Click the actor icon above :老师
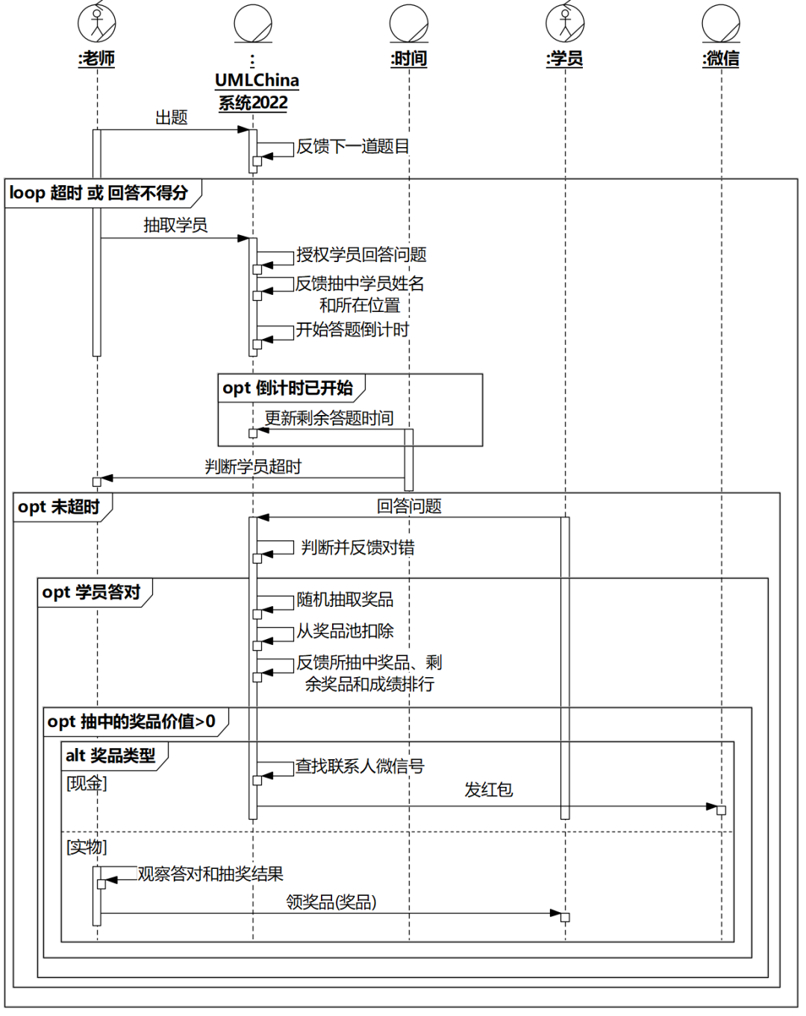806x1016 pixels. (x=97, y=22)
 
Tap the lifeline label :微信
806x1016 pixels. (x=721, y=58)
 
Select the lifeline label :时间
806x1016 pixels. (x=409, y=58)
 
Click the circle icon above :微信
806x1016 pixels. (x=721, y=22)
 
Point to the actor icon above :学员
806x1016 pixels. (x=565, y=22)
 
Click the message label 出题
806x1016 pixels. (x=171, y=117)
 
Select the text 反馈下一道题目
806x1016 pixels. (x=352, y=146)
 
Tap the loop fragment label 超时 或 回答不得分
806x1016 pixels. (x=99, y=193)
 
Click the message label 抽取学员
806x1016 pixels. (x=175, y=225)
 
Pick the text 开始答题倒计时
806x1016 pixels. (x=352, y=330)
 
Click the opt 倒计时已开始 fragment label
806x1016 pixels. (x=287, y=388)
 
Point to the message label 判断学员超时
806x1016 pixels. (x=253, y=467)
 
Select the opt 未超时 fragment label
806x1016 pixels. (x=59, y=507)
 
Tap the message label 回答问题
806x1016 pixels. (x=409, y=506)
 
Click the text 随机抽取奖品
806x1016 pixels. (x=345, y=599)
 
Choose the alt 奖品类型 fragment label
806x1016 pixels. (x=110, y=755)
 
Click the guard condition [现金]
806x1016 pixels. (x=87, y=783)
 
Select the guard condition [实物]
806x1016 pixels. (x=87, y=847)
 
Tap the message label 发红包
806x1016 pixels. (x=488, y=790)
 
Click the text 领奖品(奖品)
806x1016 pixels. (x=331, y=902)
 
